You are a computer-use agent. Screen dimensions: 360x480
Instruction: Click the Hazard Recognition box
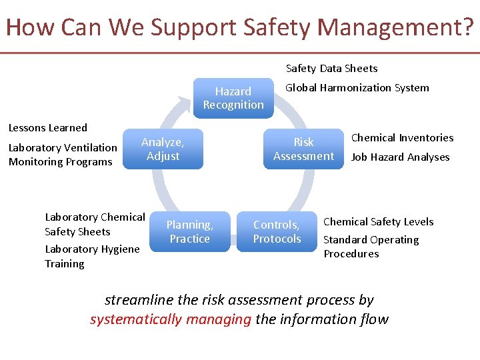click(233, 98)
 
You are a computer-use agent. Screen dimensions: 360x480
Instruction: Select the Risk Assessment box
click(303, 149)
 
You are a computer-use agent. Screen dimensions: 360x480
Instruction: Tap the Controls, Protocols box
click(277, 232)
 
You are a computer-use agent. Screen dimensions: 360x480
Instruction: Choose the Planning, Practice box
click(190, 232)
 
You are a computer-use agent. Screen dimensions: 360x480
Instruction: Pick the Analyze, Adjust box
click(163, 149)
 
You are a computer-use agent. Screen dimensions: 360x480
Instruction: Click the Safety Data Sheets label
click(331, 69)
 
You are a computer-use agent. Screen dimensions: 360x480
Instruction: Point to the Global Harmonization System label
click(357, 88)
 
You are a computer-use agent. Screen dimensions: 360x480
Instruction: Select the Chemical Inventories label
click(402, 138)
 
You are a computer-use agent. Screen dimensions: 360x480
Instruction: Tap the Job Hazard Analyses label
click(400, 157)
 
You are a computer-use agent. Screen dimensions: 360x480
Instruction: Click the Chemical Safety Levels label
click(378, 222)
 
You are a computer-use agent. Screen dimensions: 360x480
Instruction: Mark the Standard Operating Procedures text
click(371, 247)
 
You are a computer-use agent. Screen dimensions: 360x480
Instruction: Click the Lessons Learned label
click(47, 128)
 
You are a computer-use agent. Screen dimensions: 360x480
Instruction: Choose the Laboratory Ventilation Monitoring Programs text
click(63, 155)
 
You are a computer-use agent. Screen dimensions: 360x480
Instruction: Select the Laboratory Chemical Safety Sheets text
click(95, 225)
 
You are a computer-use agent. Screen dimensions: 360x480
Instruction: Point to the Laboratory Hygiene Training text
click(92, 257)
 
